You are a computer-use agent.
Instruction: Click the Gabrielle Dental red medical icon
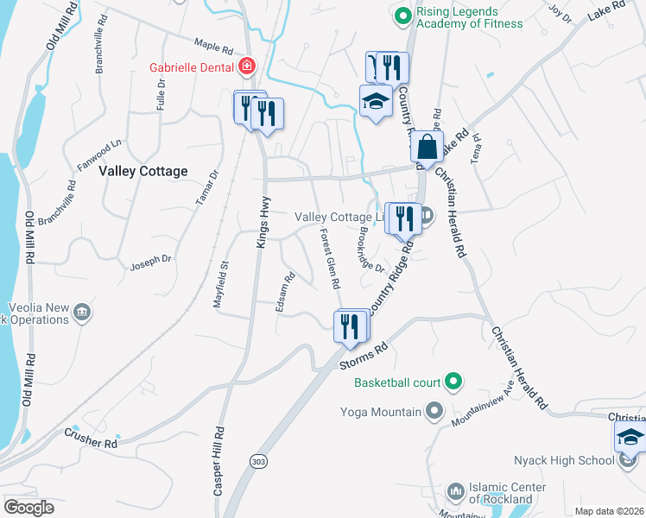pyautogui.click(x=247, y=66)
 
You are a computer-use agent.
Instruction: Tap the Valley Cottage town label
pyautogui.click(x=143, y=172)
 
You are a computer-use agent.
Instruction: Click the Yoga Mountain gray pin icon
pyautogui.click(x=434, y=412)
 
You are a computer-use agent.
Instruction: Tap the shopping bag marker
pyautogui.click(x=427, y=147)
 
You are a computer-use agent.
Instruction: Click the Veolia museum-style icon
pyautogui.click(x=82, y=312)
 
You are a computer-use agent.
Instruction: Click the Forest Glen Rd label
pyautogui.click(x=329, y=259)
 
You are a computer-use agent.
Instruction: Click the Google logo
pyautogui.click(x=28, y=508)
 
